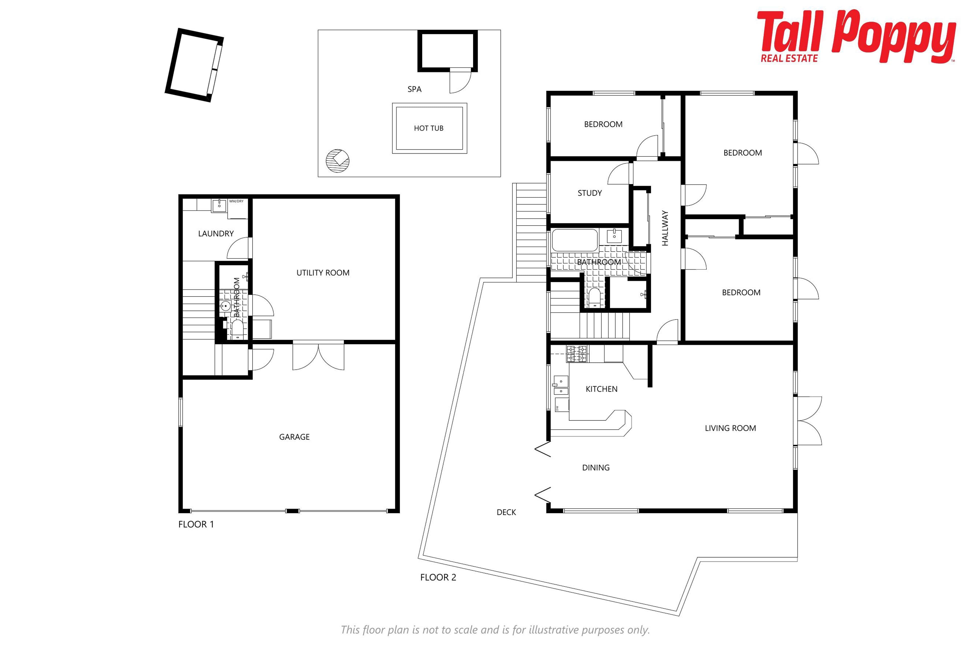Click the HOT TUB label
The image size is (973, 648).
(x=428, y=128)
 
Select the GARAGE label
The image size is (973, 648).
(x=294, y=437)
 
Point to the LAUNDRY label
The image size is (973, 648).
(x=216, y=233)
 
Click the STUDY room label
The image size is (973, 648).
(x=590, y=193)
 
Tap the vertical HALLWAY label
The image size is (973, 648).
(x=665, y=228)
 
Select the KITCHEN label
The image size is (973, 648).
(x=602, y=389)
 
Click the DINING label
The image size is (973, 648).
(x=596, y=468)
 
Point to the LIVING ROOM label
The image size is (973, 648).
(x=730, y=428)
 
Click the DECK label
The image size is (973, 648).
(x=506, y=512)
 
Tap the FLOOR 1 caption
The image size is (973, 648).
(x=196, y=524)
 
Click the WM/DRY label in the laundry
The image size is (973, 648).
(x=236, y=201)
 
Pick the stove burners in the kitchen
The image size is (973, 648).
(x=576, y=354)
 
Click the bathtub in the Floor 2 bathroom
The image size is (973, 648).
(x=575, y=240)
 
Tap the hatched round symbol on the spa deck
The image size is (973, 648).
(x=337, y=160)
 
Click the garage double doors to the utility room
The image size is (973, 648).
(x=318, y=355)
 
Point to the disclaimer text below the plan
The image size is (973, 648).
(x=495, y=630)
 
